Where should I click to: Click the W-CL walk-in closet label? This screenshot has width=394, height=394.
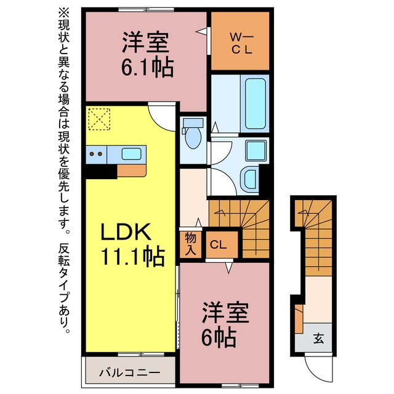pos(241,44)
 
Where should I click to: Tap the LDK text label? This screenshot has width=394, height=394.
pos(126,231)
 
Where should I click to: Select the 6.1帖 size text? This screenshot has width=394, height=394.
pos(148,67)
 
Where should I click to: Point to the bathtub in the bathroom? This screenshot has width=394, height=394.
pos(255,104)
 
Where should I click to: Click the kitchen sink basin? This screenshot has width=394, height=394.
pos(131,154)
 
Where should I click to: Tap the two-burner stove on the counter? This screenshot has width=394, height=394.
pos(96,154)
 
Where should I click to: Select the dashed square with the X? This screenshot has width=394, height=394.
pos(99,119)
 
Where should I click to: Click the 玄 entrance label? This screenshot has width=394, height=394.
pos(318,339)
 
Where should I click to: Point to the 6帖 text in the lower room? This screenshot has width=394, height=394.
pos(219,337)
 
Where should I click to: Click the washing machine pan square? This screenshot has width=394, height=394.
pos(256,151)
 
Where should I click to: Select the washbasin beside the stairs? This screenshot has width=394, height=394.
pos(251,179)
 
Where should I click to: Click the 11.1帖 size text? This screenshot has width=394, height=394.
pos(133,257)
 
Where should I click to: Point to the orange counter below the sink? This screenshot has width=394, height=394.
pos(132,171)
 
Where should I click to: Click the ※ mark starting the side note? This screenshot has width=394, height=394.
pos(64,13)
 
